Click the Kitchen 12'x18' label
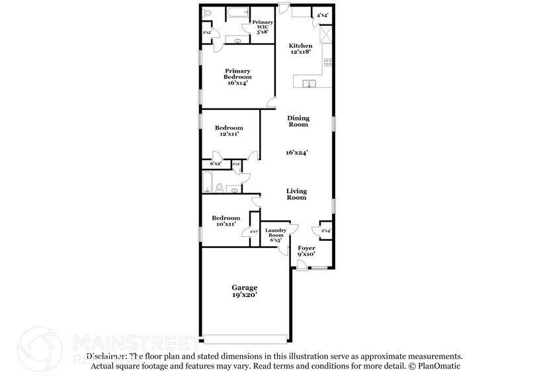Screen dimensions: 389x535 [x=300, y=50]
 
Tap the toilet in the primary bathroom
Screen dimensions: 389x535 [x=207, y=13]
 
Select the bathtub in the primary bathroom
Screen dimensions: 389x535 [x=236, y=13]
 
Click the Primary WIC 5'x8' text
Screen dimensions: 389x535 [x=263, y=26]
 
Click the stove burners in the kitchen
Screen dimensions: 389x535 [x=327, y=63]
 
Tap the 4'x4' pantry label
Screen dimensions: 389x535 [x=323, y=15]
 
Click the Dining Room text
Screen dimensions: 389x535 [x=298, y=120]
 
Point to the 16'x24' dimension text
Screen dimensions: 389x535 [x=298, y=152]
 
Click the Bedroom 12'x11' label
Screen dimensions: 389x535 [x=229, y=130]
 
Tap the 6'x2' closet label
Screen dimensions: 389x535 [x=216, y=163]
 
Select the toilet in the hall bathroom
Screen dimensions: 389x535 [x=233, y=189]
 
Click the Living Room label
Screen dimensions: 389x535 [x=296, y=194]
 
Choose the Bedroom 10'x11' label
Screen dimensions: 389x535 [x=225, y=222]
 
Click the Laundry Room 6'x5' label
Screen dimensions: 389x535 [x=275, y=235]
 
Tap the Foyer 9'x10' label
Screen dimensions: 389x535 [x=306, y=250]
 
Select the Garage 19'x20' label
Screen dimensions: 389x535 [x=244, y=291]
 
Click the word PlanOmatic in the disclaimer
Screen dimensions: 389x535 [x=439, y=365]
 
